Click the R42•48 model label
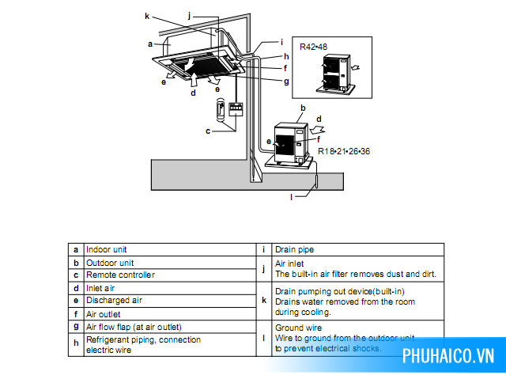[x=313, y=47]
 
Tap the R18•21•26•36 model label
[x=344, y=151]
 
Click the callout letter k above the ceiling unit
[x=147, y=16]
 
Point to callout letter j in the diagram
[x=190, y=15]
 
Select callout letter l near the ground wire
[x=292, y=197]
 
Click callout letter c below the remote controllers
[x=208, y=131]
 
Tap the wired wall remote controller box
[x=236, y=109]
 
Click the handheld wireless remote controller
[x=221, y=109]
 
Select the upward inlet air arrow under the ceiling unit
[x=194, y=79]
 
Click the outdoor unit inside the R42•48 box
[x=336, y=74]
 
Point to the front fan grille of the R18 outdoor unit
[x=285, y=145]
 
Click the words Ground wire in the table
[x=299, y=328]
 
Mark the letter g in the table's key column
[x=76, y=327]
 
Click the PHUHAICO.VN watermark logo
[x=448, y=356]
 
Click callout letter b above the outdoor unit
[x=303, y=108]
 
